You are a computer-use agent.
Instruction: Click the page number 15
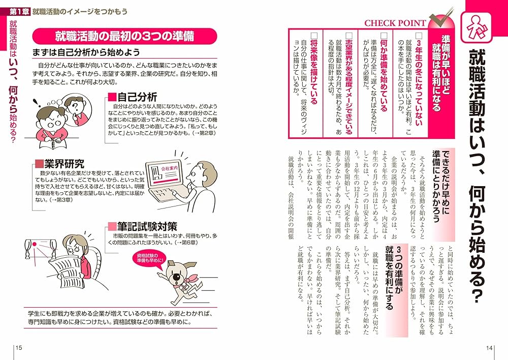pos(19,348)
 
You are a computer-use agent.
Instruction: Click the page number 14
pos(489,348)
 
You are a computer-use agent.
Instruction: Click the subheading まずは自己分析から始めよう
pos(86,52)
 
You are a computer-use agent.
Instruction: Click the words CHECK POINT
pos(395,23)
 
